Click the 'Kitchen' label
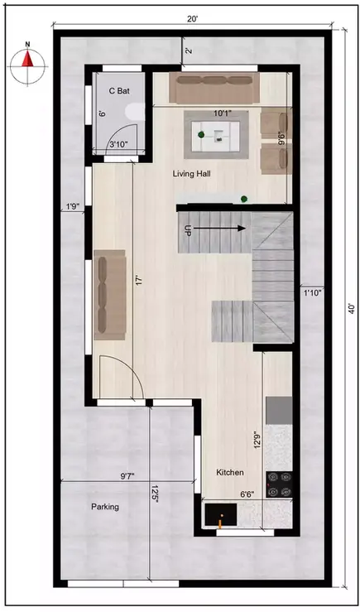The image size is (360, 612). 230,472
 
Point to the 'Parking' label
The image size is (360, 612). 105,506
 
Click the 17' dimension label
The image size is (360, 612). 141,281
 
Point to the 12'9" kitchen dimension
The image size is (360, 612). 257,440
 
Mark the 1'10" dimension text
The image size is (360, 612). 312,292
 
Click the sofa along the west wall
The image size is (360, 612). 108,294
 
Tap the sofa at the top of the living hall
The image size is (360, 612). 214,86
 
